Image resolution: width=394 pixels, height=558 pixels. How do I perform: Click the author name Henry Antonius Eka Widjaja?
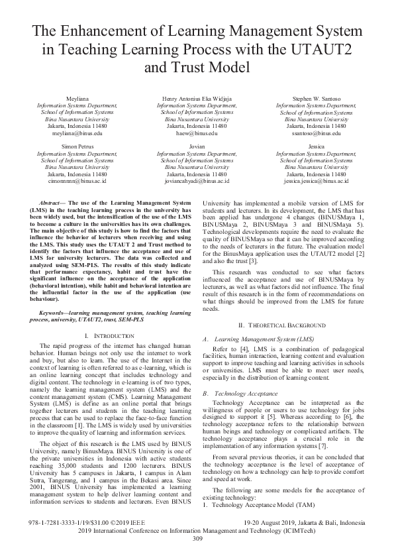pyautogui.click(x=197, y=98)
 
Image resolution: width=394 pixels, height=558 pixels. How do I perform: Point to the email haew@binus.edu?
pyautogui.click(x=197, y=133)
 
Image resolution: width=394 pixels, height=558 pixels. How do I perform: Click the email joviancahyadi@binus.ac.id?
pyautogui.click(x=197, y=180)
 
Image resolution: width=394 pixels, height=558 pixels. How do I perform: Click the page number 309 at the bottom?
pyautogui.click(x=197, y=538)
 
